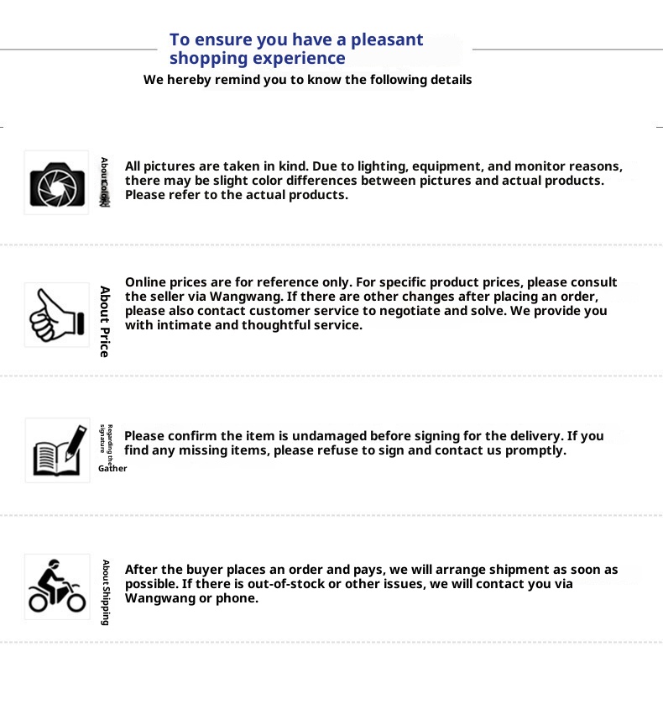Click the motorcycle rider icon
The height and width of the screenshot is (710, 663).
pos(57,586)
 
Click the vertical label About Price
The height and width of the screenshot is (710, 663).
pos(105,322)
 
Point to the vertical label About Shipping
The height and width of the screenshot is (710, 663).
pos(106,592)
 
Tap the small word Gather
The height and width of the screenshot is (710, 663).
pos(112,469)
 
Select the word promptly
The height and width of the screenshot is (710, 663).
pos(538,450)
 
